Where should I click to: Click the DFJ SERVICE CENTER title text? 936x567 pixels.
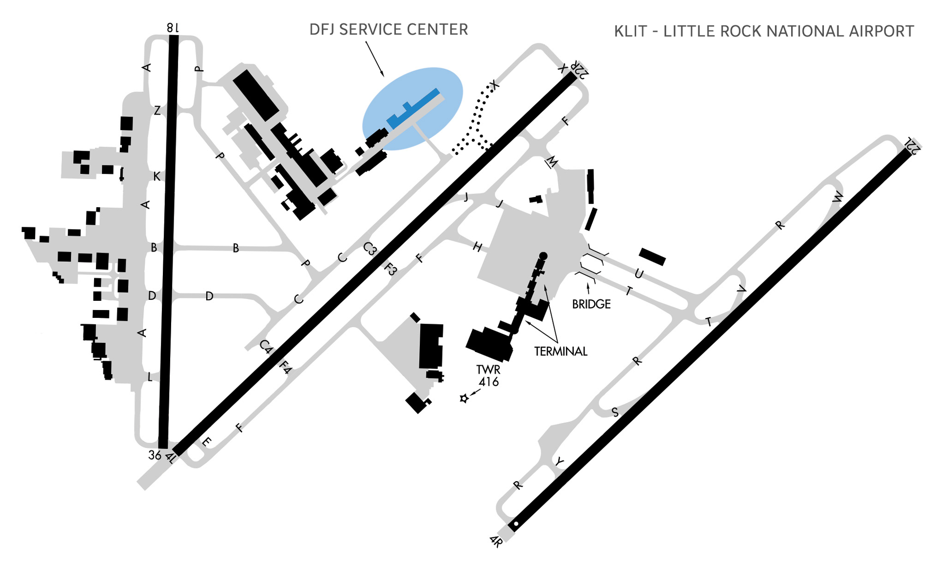[x=389, y=30]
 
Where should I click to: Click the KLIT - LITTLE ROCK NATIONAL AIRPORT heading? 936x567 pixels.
[x=763, y=31]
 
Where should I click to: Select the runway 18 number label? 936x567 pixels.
[x=173, y=28]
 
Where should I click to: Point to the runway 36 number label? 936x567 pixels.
[x=155, y=455]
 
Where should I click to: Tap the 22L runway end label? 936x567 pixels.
[x=912, y=145]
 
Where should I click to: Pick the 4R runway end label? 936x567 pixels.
[x=496, y=541]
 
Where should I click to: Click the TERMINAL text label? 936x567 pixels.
[x=561, y=352]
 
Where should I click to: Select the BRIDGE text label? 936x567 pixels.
[x=591, y=304]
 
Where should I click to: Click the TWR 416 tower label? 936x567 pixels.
[x=488, y=375]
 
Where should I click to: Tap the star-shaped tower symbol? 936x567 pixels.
[x=464, y=398]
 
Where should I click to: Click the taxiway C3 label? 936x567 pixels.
[x=370, y=249]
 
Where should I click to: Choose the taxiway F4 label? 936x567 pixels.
[x=285, y=367]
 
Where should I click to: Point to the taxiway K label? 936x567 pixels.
[x=156, y=176]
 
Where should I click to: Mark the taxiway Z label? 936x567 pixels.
[x=157, y=111]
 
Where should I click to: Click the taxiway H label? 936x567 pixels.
[x=478, y=247]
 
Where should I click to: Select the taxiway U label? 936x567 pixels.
[x=639, y=274]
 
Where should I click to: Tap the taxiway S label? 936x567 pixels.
[x=615, y=412]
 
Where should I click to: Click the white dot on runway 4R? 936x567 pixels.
[x=516, y=524]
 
